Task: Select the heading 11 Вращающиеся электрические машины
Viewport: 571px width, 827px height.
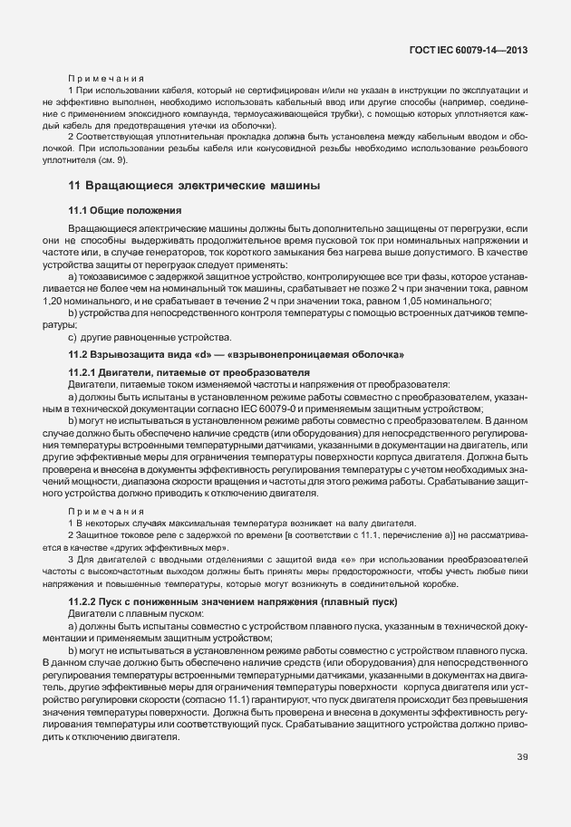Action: [194, 187]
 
